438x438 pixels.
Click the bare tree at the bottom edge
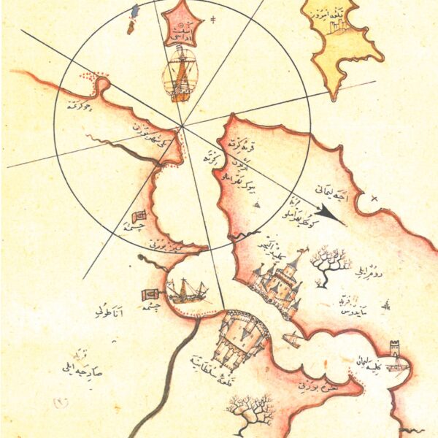click(x=250, y=413)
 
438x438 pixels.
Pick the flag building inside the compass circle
click(x=140, y=218)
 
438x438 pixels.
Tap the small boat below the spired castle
click(x=292, y=339)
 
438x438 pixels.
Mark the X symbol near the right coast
click(x=374, y=197)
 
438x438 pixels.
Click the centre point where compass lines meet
click(x=183, y=125)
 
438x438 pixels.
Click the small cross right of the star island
click(x=212, y=18)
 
